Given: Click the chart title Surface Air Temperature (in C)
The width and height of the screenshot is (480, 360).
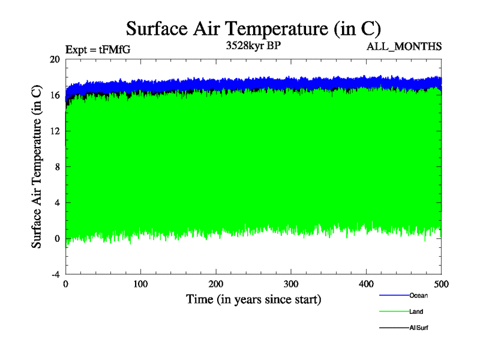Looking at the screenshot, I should [x=253, y=28].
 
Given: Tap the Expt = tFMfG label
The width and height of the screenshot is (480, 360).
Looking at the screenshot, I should [x=98, y=50].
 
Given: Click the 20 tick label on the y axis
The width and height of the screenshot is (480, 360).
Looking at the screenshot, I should [x=55, y=59].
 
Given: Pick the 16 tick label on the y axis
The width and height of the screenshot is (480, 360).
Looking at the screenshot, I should [x=55, y=95].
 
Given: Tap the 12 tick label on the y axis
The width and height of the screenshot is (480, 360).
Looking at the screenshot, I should [x=55, y=131].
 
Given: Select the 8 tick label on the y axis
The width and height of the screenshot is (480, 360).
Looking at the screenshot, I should [x=57, y=167].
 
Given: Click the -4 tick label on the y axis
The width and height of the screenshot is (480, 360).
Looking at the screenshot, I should [x=55, y=274].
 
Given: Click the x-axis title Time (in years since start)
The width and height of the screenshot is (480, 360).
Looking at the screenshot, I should [x=253, y=299].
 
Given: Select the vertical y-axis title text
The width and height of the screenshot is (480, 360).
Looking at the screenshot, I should [x=37, y=167].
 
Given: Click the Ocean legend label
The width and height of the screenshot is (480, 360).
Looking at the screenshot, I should [x=419, y=295].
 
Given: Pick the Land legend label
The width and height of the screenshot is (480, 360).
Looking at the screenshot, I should [x=416, y=311].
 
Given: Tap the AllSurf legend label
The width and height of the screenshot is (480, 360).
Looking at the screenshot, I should [x=419, y=328].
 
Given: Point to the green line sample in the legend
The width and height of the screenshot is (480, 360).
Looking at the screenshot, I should [x=394, y=311].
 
